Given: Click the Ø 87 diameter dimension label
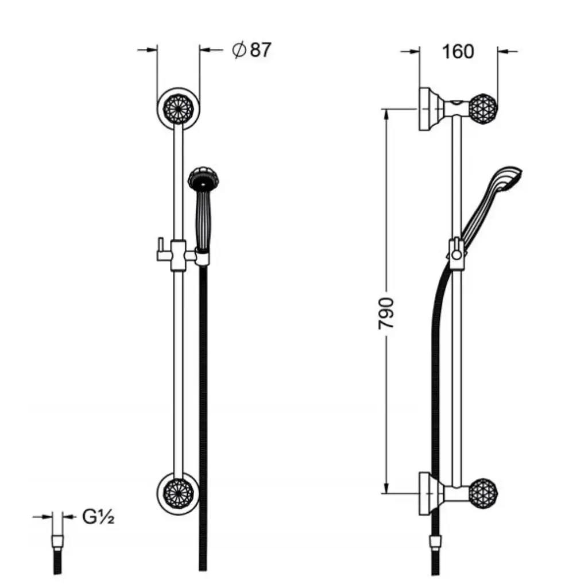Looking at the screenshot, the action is click(251, 50).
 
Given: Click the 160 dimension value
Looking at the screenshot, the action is click(458, 51).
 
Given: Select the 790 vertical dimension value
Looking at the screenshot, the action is click(386, 314).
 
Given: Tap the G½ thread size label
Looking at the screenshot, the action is click(98, 517).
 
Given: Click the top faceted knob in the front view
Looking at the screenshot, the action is click(179, 109).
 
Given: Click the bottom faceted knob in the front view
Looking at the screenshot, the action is click(179, 493).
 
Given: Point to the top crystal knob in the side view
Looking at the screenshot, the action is click(483, 109).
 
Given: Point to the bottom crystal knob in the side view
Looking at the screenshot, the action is click(483, 493).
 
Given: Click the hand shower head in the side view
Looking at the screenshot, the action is click(507, 178).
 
